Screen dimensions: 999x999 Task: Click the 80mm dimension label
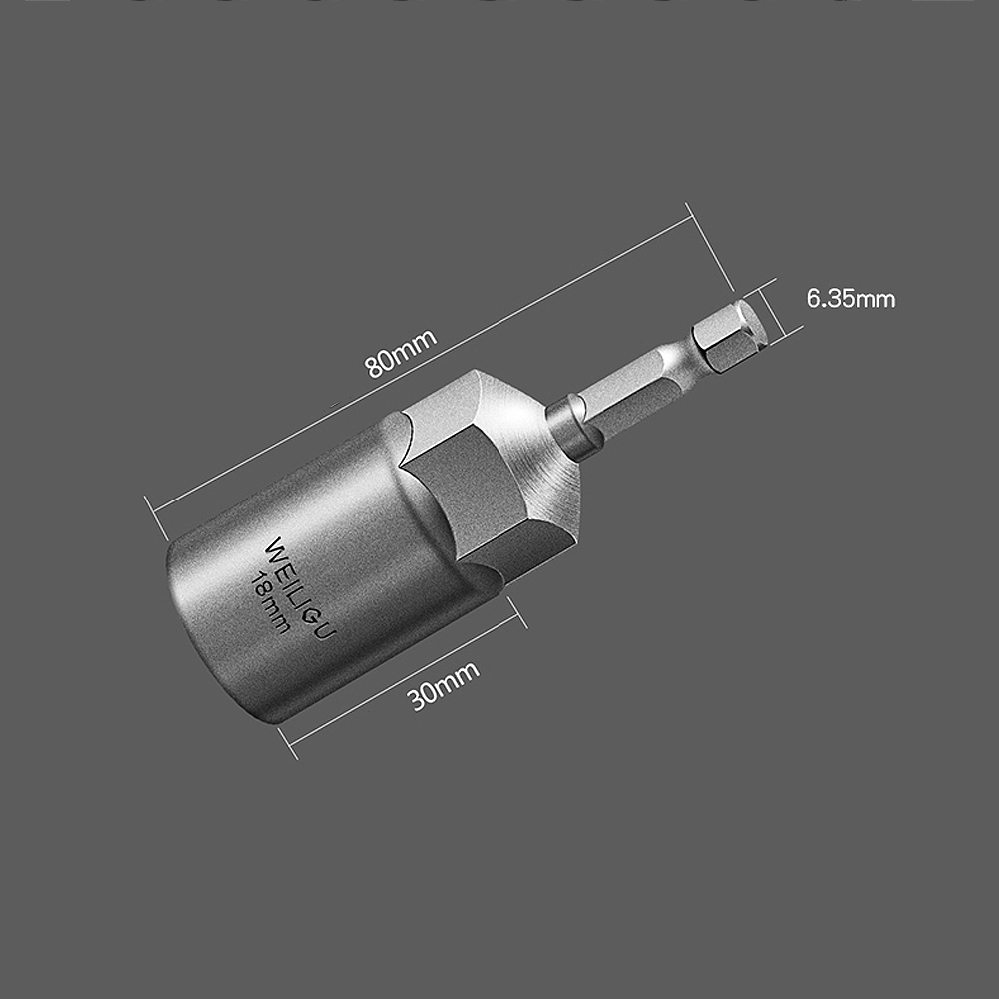point(401,353)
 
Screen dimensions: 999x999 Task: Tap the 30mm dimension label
point(444,685)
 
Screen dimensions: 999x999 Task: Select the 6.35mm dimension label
point(851,298)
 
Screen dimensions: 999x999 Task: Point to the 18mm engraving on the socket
point(270,602)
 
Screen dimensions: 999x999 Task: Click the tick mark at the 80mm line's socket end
point(157,517)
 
